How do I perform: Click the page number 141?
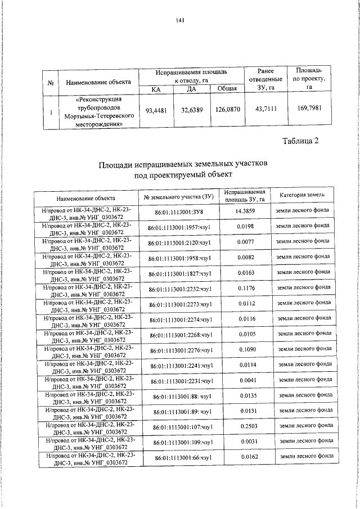point(180,21)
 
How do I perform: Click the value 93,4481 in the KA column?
point(156,111)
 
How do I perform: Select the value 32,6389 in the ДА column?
point(192,111)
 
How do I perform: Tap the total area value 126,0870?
point(227,111)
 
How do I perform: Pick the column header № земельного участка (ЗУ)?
point(179,198)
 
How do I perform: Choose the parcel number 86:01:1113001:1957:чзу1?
point(179,227)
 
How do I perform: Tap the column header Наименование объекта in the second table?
point(85,198)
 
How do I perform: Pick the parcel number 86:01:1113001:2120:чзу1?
point(179,243)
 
